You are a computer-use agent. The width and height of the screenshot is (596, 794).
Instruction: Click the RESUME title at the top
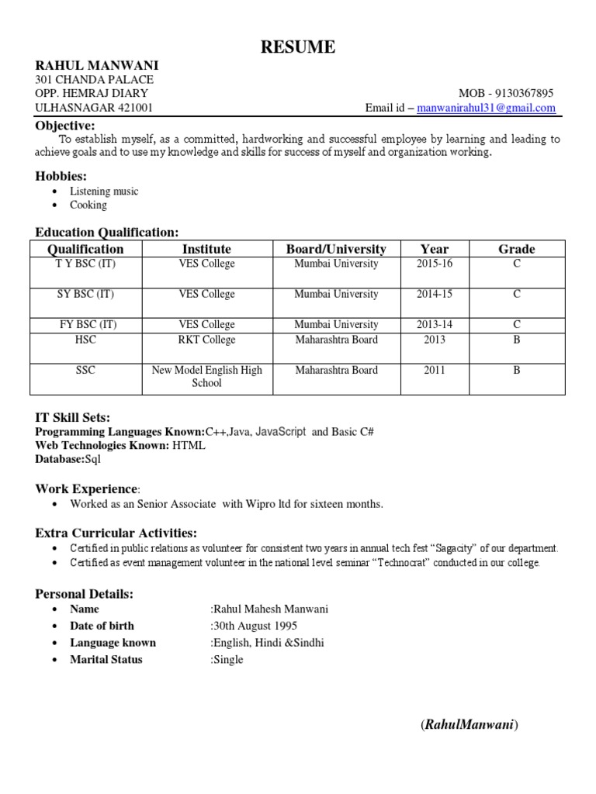coord(298,47)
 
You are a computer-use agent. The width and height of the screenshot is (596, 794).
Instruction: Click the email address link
coord(486,108)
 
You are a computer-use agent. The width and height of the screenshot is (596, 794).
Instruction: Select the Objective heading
coord(65,126)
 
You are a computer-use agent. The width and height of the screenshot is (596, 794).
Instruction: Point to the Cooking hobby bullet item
coord(88,205)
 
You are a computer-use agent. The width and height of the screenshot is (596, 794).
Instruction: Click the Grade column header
coord(516,249)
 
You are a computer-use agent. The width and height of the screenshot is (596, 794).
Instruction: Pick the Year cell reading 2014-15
coord(435,295)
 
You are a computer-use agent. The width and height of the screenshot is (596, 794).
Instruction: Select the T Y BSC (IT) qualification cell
coord(86,264)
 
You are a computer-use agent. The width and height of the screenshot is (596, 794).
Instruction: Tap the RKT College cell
coord(206,340)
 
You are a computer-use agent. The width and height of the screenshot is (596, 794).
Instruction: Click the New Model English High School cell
coord(206,376)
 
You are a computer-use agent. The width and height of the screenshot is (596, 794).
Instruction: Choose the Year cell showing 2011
coord(435,371)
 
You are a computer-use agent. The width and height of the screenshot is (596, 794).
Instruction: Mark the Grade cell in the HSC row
coord(516,340)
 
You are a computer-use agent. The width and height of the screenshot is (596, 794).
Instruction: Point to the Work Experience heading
coord(86,488)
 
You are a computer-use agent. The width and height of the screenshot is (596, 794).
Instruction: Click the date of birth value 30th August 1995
coord(255,626)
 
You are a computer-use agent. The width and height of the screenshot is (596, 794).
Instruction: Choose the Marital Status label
coord(106,659)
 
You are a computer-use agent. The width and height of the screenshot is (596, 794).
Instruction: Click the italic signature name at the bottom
coord(470,725)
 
